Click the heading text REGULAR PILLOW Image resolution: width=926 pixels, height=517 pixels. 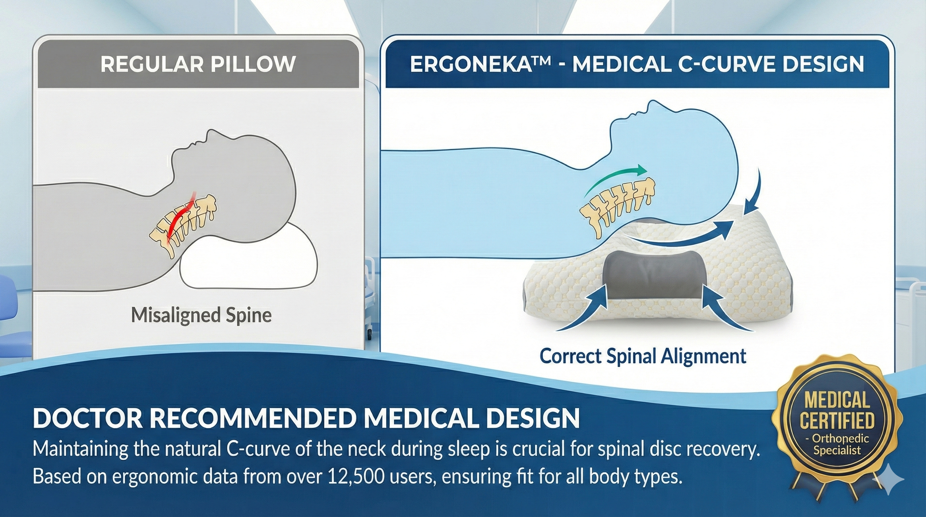198,64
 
